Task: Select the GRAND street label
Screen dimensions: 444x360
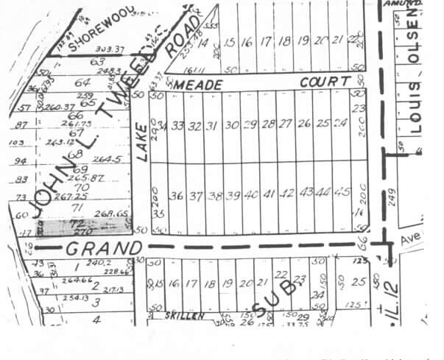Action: pos(103,247)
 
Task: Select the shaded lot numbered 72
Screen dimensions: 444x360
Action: pos(73,222)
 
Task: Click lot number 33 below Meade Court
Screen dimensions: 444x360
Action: pos(177,126)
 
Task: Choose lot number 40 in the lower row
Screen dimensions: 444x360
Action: pos(250,196)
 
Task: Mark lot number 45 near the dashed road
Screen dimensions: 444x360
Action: pos(341,193)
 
